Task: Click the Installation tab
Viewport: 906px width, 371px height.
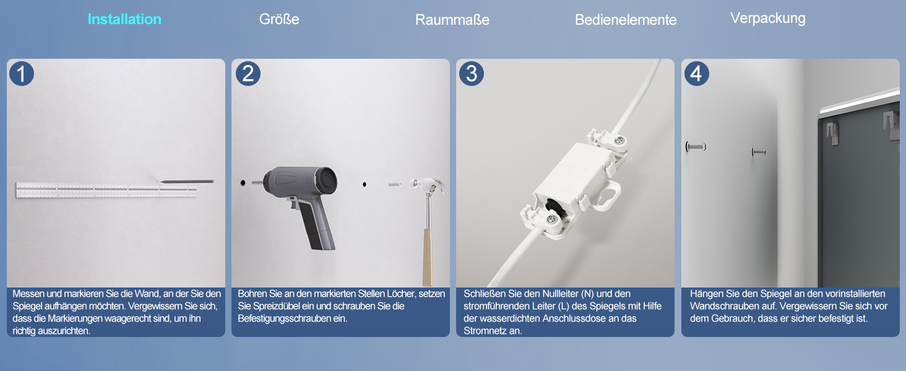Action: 124,19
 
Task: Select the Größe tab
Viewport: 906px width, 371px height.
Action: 279,19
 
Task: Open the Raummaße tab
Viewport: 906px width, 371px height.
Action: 452,19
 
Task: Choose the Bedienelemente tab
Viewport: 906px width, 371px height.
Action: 626,19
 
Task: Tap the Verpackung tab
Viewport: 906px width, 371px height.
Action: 767,18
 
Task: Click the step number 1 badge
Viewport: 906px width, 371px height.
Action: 22,74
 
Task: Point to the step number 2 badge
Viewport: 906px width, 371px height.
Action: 248,74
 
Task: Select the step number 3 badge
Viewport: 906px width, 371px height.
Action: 472,74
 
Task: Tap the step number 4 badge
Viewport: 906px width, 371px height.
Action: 696,74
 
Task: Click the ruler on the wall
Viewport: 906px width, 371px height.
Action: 106,190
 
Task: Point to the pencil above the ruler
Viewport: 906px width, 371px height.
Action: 186,181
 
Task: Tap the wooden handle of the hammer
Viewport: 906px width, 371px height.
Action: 428,257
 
